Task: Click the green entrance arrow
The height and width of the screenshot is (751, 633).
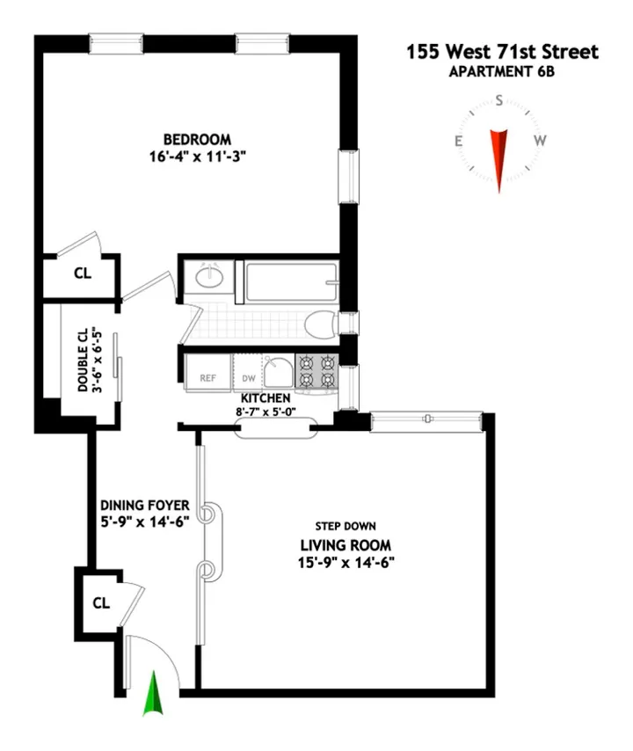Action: (x=156, y=692)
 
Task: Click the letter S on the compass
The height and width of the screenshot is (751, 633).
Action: (x=499, y=101)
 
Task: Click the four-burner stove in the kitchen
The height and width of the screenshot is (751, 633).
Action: (x=317, y=370)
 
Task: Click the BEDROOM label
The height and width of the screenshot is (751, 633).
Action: (x=197, y=140)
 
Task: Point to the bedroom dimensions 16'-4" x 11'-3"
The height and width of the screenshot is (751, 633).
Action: (x=197, y=157)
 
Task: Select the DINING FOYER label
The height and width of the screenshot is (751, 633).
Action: (x=144, y=505)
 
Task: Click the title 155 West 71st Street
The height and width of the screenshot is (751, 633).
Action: (x=501, y=52)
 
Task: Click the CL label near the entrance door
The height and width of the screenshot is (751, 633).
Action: (x=101, y=604)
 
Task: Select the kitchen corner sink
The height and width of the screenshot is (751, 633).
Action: (x=279, y=374)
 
